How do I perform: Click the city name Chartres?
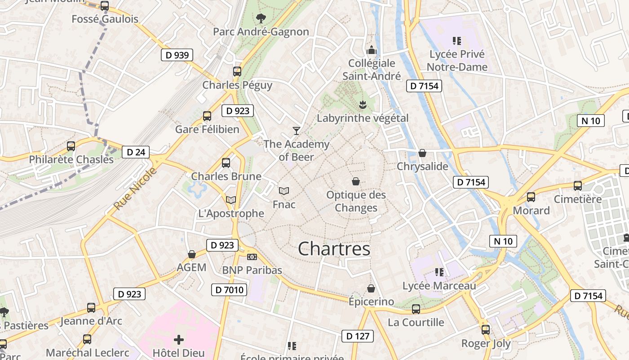tap(334, 248)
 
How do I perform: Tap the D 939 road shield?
tap(177, 55)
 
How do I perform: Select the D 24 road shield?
tap(136, 152)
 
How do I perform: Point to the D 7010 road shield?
tap(229, 290)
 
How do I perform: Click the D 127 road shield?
tap(358, 336)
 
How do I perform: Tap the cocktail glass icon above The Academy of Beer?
tap(296, 131)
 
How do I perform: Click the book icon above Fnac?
tap(284, 191)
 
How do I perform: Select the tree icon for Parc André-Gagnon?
tap(261, 18)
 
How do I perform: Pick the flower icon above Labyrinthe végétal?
tap(362, 105)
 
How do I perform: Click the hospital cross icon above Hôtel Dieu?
tap(179, 340)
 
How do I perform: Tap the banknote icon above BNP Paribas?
tap(252, 257)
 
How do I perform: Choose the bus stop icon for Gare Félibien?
tap(207, 116)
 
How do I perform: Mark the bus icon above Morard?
tap(531, 197)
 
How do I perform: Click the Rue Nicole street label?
tap(135, 189)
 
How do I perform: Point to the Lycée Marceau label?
tap(439, 286)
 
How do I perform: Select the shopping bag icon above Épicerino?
tap(371, 288)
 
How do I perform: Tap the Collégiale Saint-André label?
tap(372, 69)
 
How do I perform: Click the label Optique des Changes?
tap(356, 201)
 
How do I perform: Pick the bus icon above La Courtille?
tap(416, 309)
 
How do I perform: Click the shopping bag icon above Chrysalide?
tap(422, 153)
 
